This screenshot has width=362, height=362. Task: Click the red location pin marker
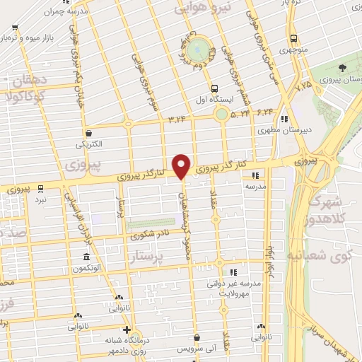click(x=182, y=166)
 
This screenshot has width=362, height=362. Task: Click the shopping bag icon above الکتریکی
click(x=88, y=132)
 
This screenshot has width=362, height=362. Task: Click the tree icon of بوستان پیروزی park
click(x=342, y=69)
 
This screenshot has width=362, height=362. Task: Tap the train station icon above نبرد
click(x=41, y=188)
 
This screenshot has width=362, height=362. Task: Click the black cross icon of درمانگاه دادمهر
click(x=127, y=329)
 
